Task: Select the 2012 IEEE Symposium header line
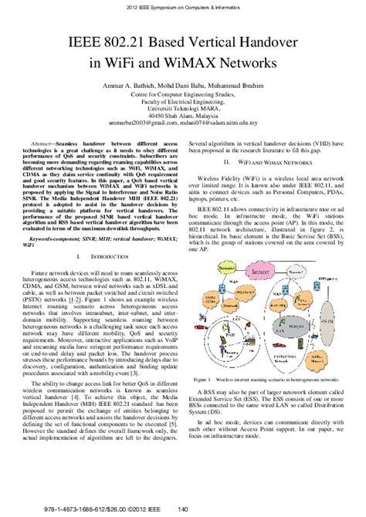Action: [x=182, y=7]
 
